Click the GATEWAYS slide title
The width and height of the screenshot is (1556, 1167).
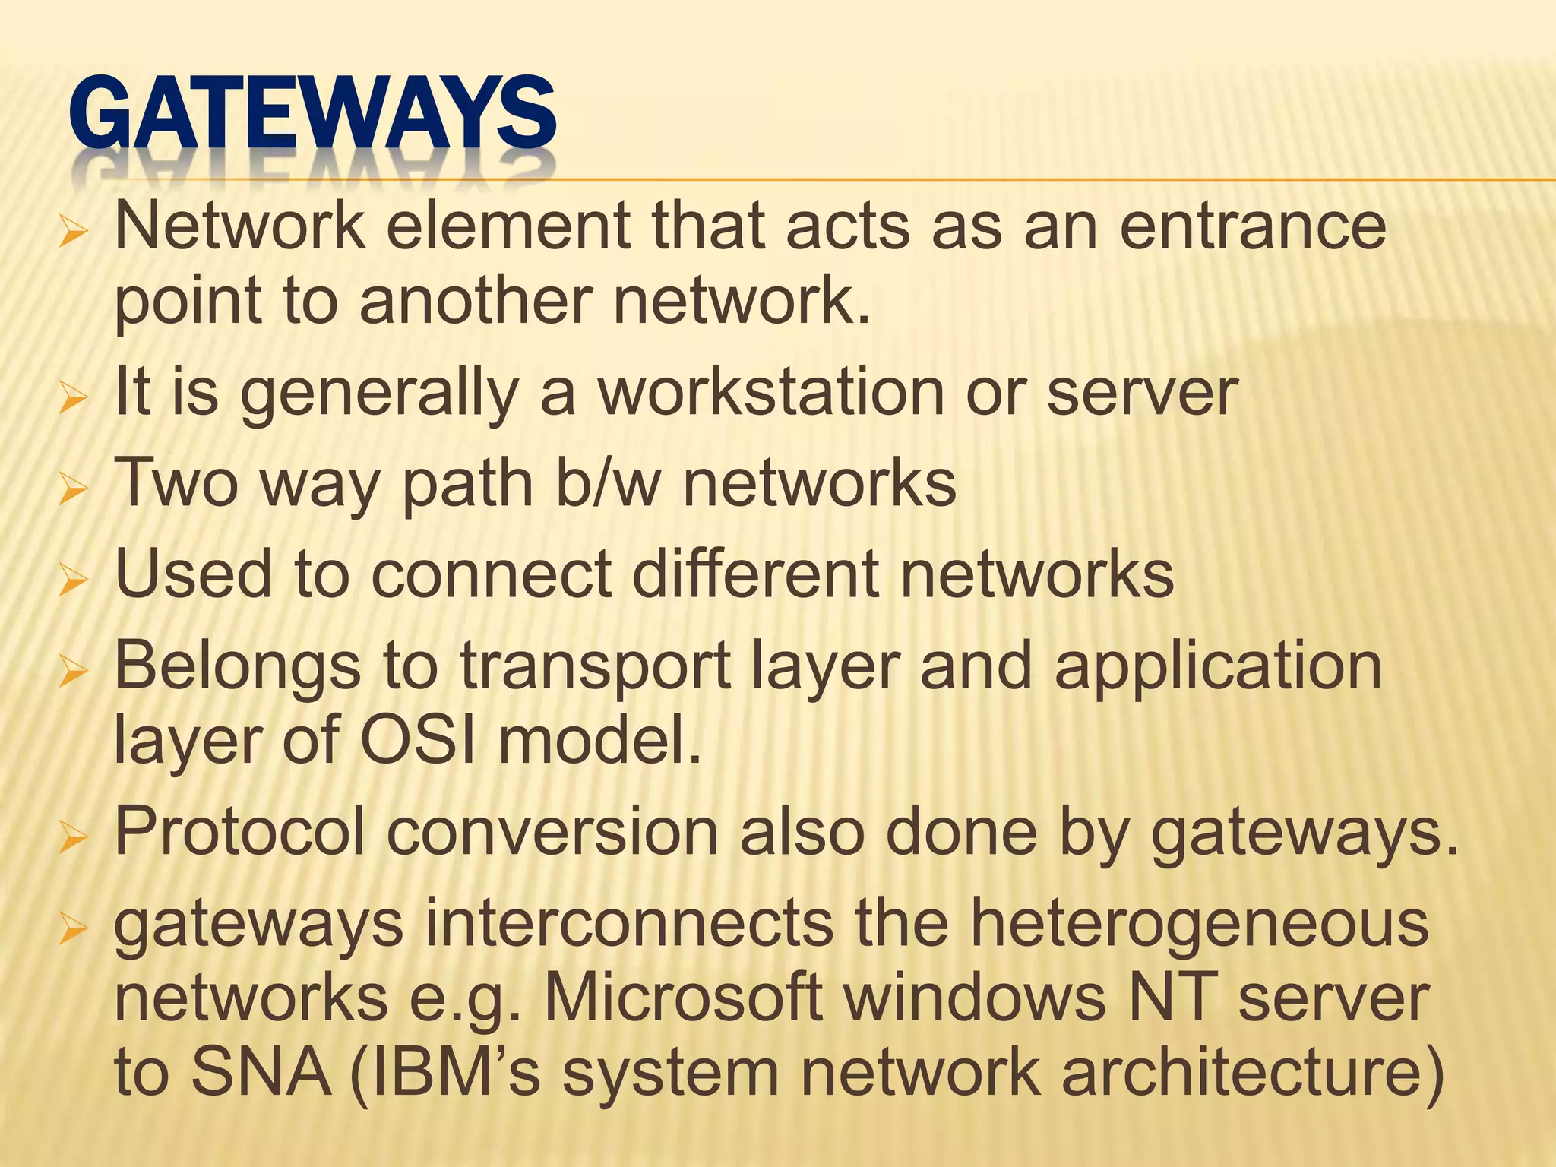(312, 114)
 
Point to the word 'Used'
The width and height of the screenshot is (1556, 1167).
(193, 574)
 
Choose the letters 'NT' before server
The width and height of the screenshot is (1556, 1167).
(1171, 998)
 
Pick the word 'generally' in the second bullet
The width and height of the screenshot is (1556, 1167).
(379, 393)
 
